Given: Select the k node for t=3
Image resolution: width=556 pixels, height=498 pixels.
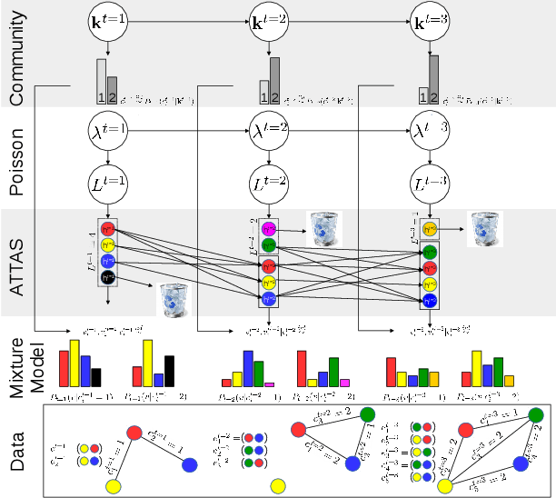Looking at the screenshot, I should point(429,21).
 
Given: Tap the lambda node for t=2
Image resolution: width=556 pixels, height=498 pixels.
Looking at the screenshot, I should point(269,131).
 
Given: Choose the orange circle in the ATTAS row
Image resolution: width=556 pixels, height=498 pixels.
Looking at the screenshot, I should point(430,228).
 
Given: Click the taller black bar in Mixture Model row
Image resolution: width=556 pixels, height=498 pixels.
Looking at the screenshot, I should point(169,364).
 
